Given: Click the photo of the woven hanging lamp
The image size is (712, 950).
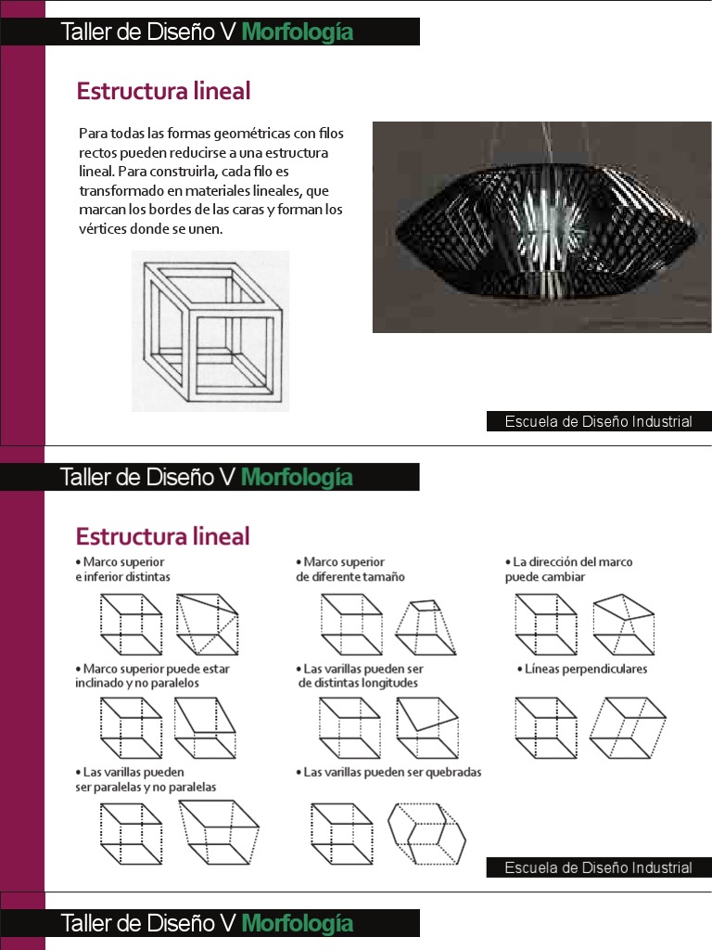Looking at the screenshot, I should click(541, 226).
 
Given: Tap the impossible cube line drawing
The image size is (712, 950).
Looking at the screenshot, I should click(210, 330).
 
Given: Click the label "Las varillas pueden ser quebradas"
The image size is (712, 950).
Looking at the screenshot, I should click(392, 772).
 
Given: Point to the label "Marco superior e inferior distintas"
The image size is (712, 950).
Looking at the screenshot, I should click(123, 569).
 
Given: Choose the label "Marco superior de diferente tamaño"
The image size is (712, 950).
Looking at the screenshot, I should click(351, 569).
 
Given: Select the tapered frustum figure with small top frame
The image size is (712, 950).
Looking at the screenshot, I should click(422, 626).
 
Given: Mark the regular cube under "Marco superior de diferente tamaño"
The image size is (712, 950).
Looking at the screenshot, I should click(351, 625).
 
